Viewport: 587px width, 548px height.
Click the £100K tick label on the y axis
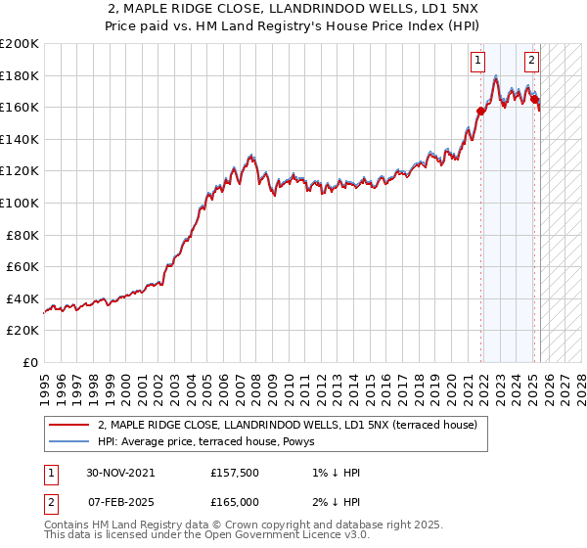pyautogui.click(x=19, y=203)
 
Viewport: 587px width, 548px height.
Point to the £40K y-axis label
pyautogui.click(x=23, y=298)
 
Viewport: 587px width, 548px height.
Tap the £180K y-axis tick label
pyautogui.click(x=19, y=75)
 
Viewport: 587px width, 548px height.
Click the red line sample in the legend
pyautogui.click(x=68, y=425)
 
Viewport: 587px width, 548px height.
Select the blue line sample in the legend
pyautogui.click(x=68, y=441)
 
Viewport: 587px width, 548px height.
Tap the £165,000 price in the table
pyautogui.click(x=235, y=502)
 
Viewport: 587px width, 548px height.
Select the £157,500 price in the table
pyautogui.click(x=235, y=473)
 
